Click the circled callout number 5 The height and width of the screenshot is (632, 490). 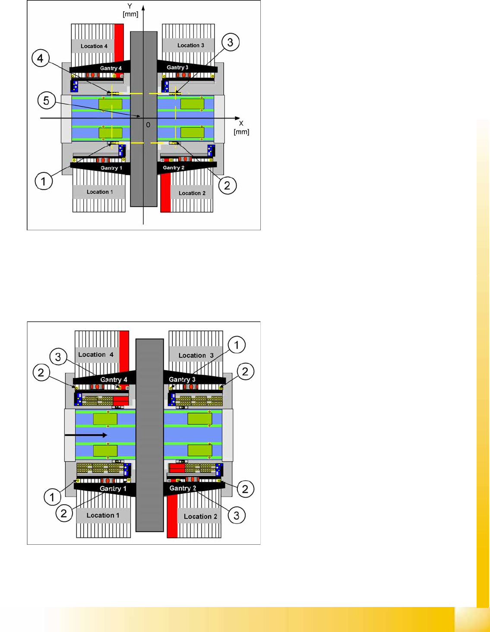pos(46,101)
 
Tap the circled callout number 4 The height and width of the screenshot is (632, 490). pos(41,58)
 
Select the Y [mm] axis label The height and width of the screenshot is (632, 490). pos(130,10)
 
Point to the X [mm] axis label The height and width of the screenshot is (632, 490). pos(241,128)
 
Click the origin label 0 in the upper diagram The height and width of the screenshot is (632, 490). pos(148,125)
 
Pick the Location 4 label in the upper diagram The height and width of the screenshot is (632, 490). pos(94,46)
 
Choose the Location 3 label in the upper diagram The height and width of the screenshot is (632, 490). pos(191,45)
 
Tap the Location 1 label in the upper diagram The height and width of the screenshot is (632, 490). pos(100,192)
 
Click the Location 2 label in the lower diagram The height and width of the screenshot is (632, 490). pos(200,516)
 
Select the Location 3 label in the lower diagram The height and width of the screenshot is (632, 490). pos(196,355)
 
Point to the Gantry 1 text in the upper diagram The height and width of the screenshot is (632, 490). pos(111,168)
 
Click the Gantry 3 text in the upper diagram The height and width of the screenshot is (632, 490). pos(177,67)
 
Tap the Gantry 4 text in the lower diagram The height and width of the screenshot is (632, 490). pos(114,380)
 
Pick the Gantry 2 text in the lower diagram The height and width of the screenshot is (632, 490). pos(183,488)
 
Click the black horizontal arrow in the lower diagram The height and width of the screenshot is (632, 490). pos(86,435)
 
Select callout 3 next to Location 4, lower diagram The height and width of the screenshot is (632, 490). pos(58,357)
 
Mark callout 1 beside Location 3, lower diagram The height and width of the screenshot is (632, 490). pos(236,345)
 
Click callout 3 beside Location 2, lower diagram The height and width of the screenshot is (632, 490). pos(236,515)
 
